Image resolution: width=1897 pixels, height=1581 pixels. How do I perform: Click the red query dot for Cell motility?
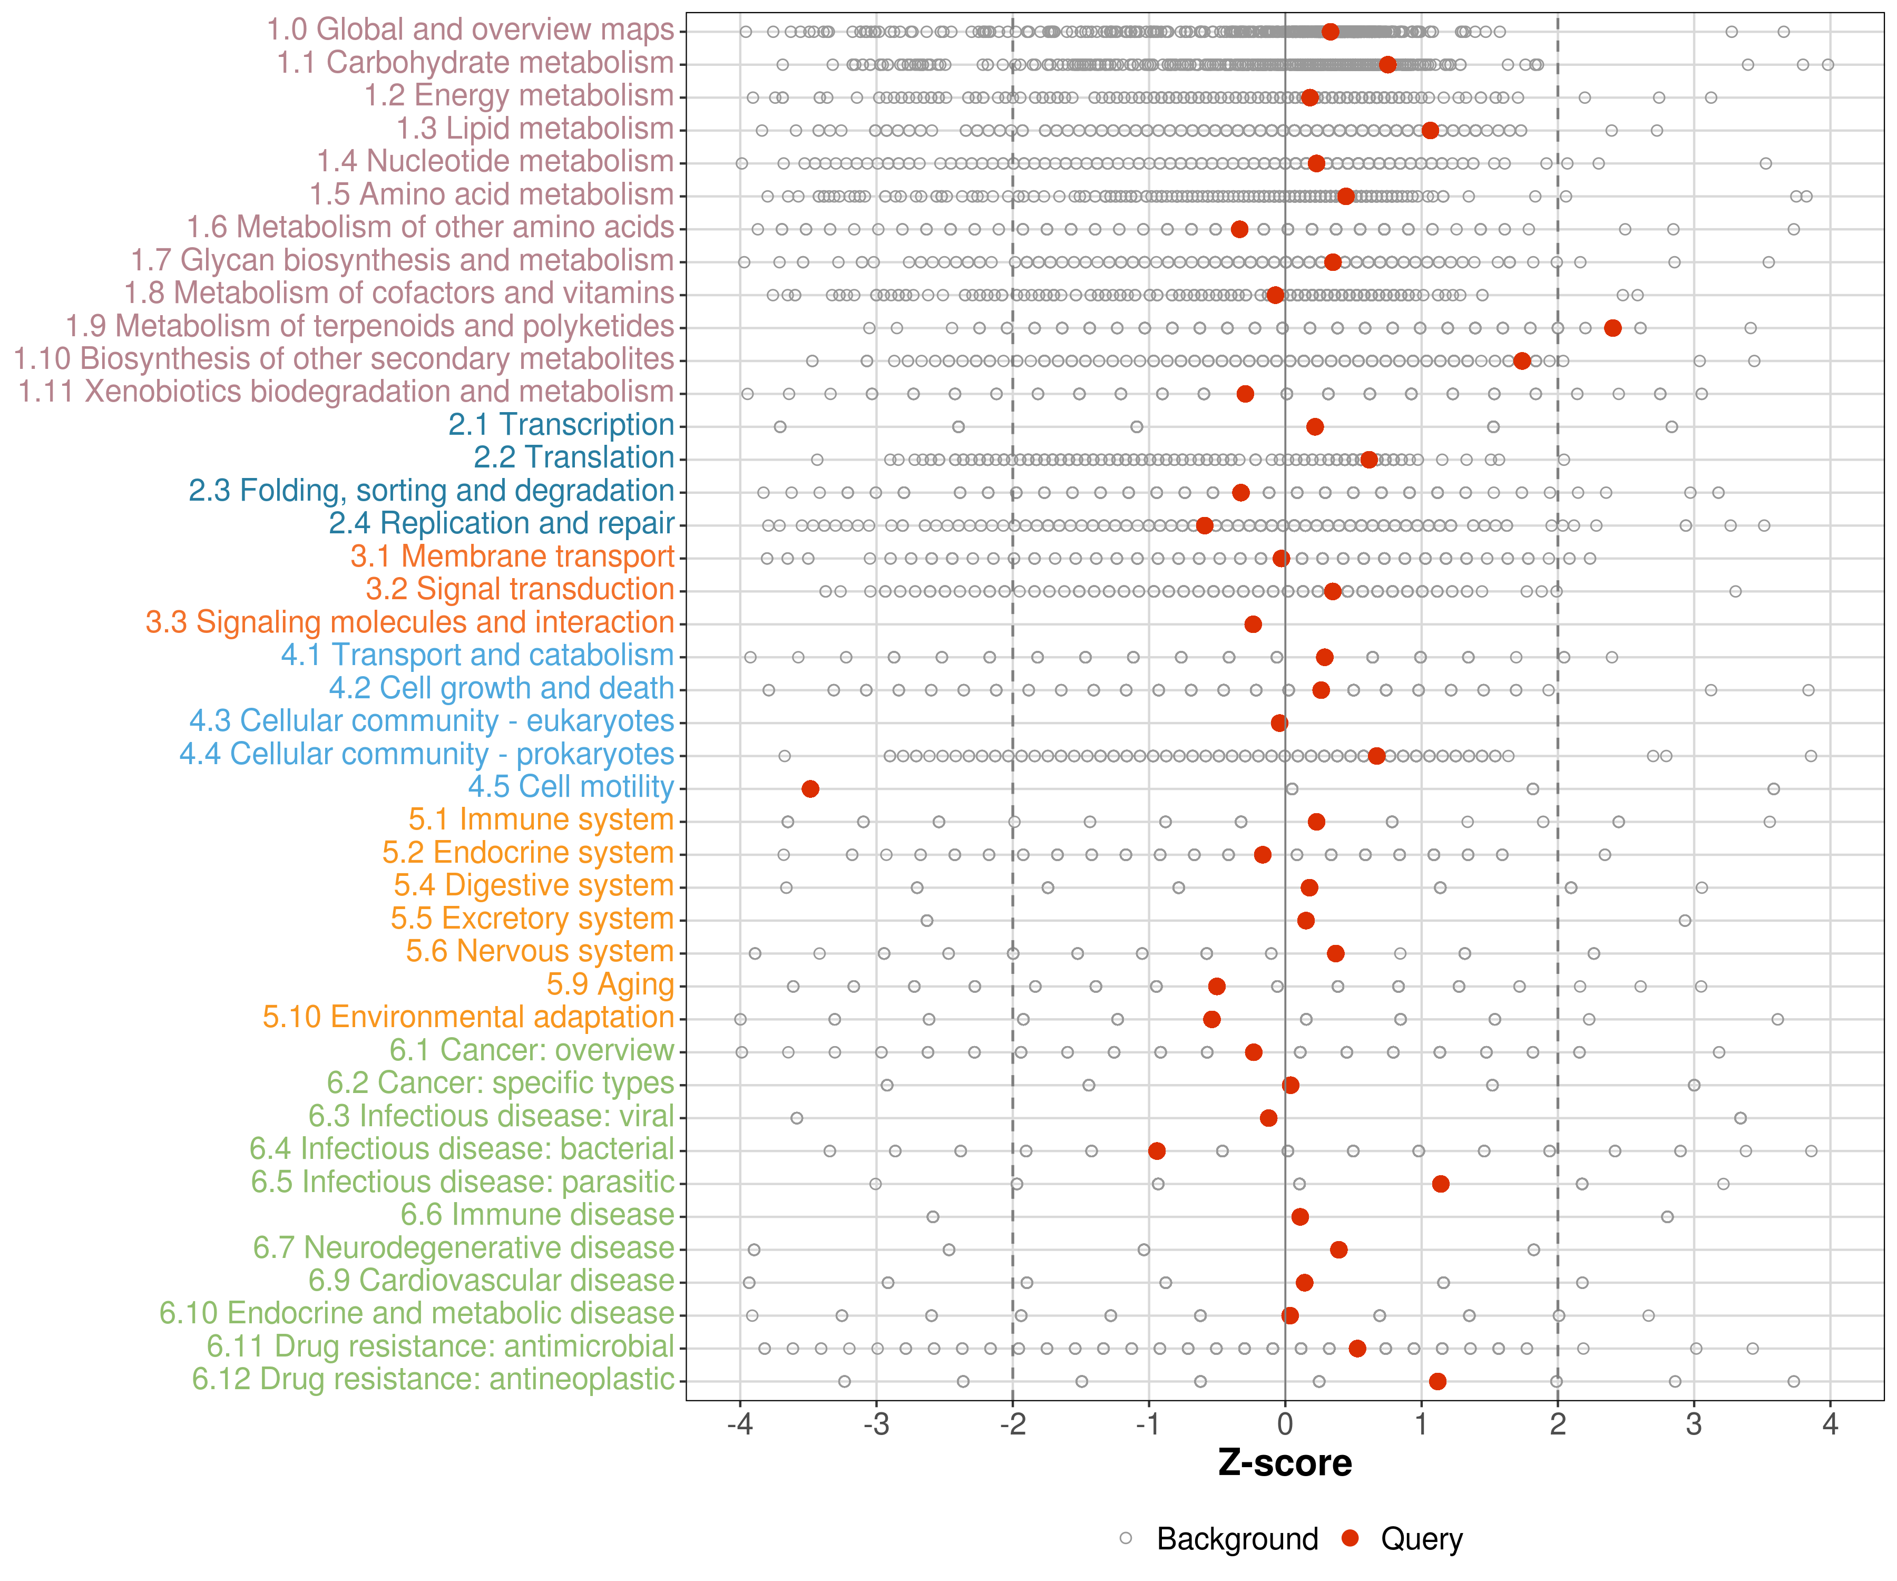pos(810,789)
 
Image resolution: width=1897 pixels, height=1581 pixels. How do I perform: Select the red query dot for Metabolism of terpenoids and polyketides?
pos(1612,328)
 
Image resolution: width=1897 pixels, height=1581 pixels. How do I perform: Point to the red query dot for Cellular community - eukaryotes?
pos(1279,723)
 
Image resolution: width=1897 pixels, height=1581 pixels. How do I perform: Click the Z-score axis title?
pos(1285,1463)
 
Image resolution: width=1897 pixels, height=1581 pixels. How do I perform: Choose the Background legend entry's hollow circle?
pos(1126,1538)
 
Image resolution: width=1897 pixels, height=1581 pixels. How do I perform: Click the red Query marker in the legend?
pos(1351,1538)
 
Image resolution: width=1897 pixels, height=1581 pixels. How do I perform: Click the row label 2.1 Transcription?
pos(561,425)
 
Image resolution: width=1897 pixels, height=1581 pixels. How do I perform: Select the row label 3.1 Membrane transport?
pos(512,557)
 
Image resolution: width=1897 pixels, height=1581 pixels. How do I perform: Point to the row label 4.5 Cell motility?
pos(571,787)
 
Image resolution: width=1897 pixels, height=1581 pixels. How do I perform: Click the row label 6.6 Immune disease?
pos(537,1215)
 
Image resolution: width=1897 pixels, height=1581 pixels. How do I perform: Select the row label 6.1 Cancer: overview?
pos(531,1051)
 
